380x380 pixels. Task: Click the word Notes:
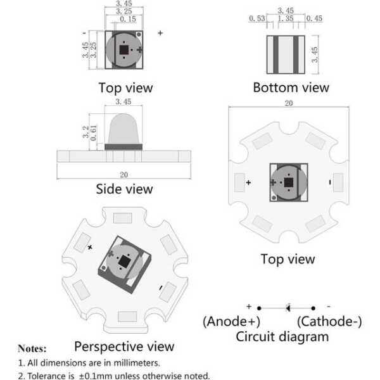[32, 348]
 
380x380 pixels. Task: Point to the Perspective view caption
[124, 346]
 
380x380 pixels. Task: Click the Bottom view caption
[291, 87]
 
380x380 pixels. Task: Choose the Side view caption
[124, 189]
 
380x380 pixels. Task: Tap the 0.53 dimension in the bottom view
[256, 19]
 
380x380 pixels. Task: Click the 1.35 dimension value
[286, 19]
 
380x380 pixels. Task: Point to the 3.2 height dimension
[85, 131]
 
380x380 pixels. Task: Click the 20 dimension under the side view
[124, 174]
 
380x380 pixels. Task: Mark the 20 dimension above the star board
[289, 103]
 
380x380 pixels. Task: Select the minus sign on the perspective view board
[161, 287]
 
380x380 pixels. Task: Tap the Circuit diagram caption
[282, 336]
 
